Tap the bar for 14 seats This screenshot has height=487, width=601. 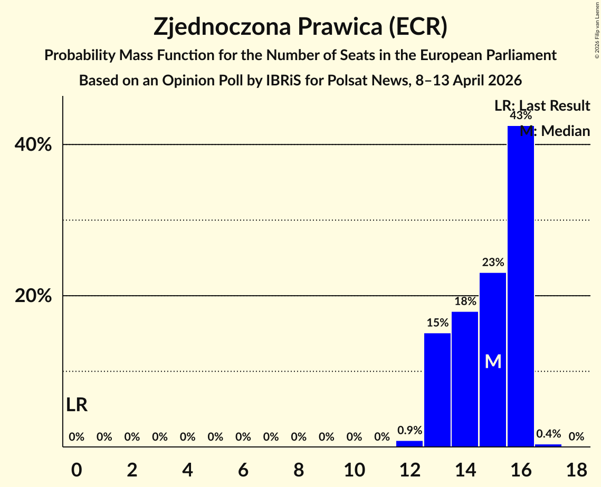point(465,379)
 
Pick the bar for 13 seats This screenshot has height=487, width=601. point(437,389)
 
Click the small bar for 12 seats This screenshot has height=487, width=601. point(409,444)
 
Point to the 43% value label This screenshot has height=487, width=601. point(520,116)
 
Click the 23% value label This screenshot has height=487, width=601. point(493,262)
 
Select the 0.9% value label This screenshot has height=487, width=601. point(409,431)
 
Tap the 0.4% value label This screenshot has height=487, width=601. point(548,434)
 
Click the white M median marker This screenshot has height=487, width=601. point(493,362)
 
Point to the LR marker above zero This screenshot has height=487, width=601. point(77,405)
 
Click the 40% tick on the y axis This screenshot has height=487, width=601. point(33,145)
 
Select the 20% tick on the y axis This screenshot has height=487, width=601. point(33,296)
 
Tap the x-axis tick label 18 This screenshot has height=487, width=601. point(576,469)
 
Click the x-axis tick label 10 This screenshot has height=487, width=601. point(354,469)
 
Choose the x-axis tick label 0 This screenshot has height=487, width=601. point(77,469)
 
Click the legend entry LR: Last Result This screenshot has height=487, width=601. point(542,106)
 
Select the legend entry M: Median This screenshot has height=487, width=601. point(555,131)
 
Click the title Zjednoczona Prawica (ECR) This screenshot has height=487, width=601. point(300,27)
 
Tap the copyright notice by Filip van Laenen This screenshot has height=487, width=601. point(597,29)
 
